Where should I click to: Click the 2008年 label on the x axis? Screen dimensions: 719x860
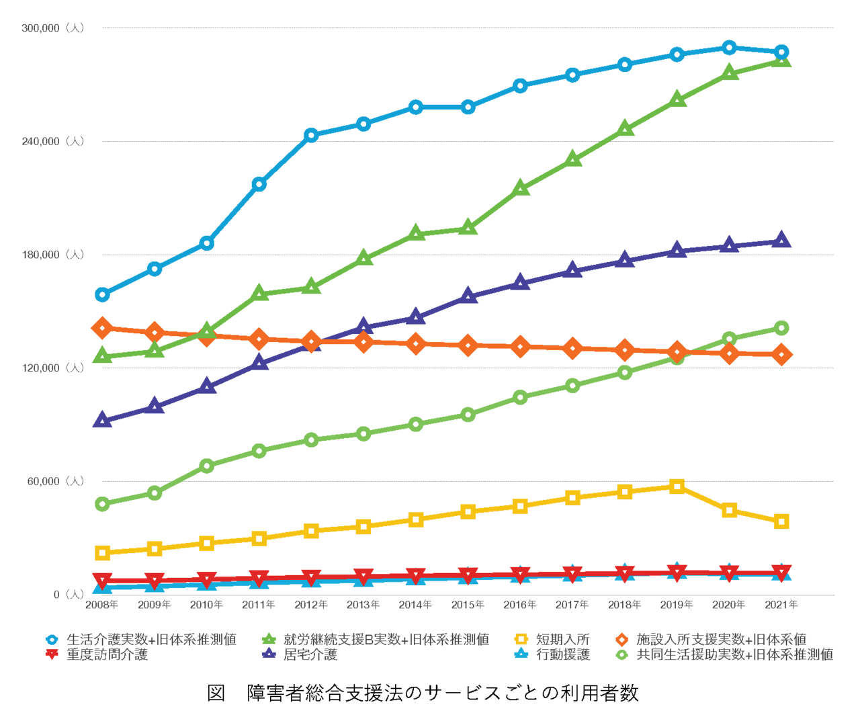(102, 605)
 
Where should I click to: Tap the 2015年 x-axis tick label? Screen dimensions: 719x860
(468, 605)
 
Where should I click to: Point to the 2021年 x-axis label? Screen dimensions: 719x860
(781, 605)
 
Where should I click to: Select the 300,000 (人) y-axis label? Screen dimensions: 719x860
(52, 28)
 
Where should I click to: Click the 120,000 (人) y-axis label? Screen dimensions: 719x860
(52, 368)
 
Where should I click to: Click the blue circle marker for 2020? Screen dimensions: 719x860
(729, 47)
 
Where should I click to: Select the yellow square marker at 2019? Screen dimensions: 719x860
(677, 487)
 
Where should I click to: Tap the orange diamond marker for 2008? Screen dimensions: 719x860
(102, 328)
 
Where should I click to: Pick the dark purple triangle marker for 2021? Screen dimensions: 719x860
(781, 241)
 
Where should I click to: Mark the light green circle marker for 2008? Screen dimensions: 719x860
(102, 504)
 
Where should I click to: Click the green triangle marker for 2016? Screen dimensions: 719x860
(520, 189)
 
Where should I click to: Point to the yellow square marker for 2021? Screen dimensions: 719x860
(781, 521)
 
